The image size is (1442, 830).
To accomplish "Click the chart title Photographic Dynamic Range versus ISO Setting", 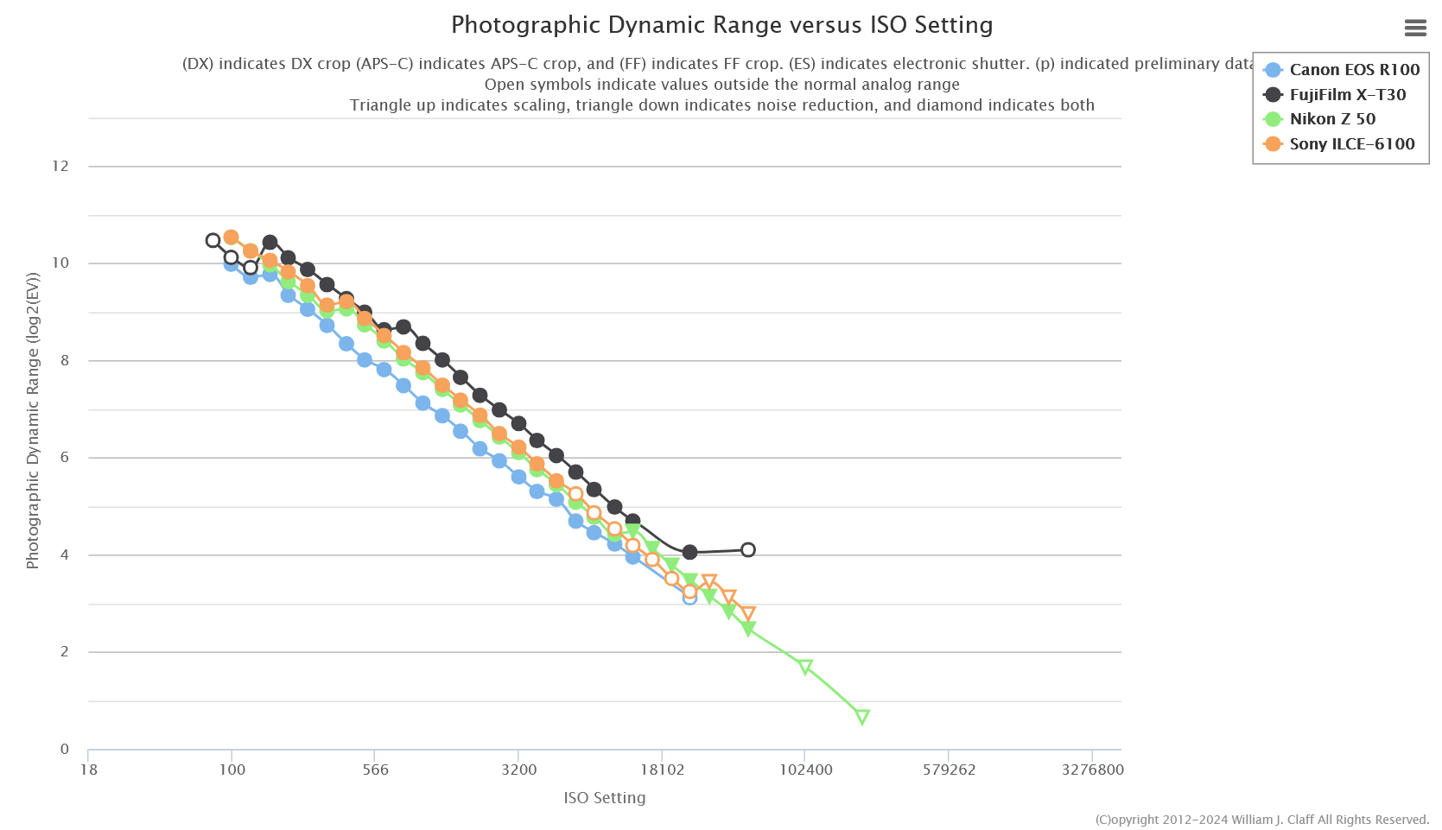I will point(721,25).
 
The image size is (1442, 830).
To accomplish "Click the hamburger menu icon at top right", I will point(1415,29).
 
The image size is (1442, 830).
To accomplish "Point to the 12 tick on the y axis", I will point(60,166).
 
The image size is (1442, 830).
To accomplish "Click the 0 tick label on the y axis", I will point(65,749).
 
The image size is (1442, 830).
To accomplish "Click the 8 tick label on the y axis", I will point(65,360).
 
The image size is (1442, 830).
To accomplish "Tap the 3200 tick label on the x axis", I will point(518,770).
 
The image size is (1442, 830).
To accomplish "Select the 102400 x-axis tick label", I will point(805,770).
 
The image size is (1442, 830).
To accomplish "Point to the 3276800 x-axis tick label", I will point(1092,770).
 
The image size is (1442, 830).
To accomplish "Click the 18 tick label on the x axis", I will point(88,770).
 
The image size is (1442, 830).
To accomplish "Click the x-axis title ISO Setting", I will point(604,798).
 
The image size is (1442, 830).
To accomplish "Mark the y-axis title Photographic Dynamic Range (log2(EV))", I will point(33,421).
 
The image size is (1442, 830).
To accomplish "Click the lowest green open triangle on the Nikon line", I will point(861,717).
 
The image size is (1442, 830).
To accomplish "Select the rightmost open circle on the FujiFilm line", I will point(748,550).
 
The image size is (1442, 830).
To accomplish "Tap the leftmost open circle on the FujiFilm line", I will point(213,240).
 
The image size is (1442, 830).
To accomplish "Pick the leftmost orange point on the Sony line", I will point(231,238).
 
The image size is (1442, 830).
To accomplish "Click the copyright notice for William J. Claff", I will point(1261,820).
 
